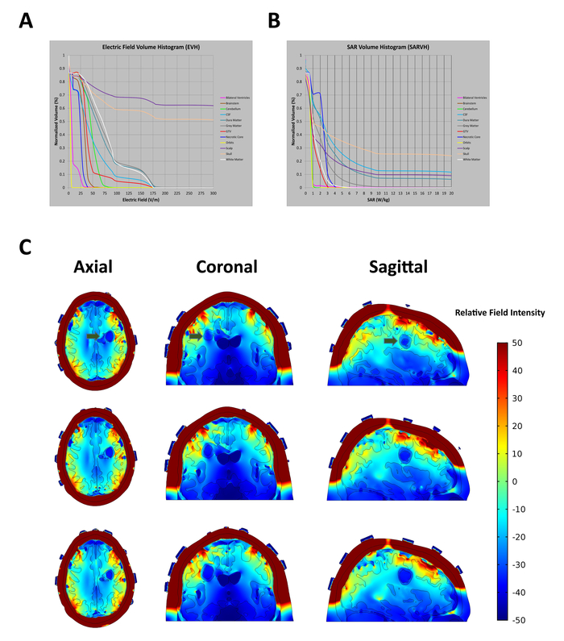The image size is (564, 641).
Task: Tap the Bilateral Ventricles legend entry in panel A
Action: tap(234, 98)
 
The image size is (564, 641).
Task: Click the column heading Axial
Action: tap(97, 268)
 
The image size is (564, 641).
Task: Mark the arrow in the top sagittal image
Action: tap(391, 341)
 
